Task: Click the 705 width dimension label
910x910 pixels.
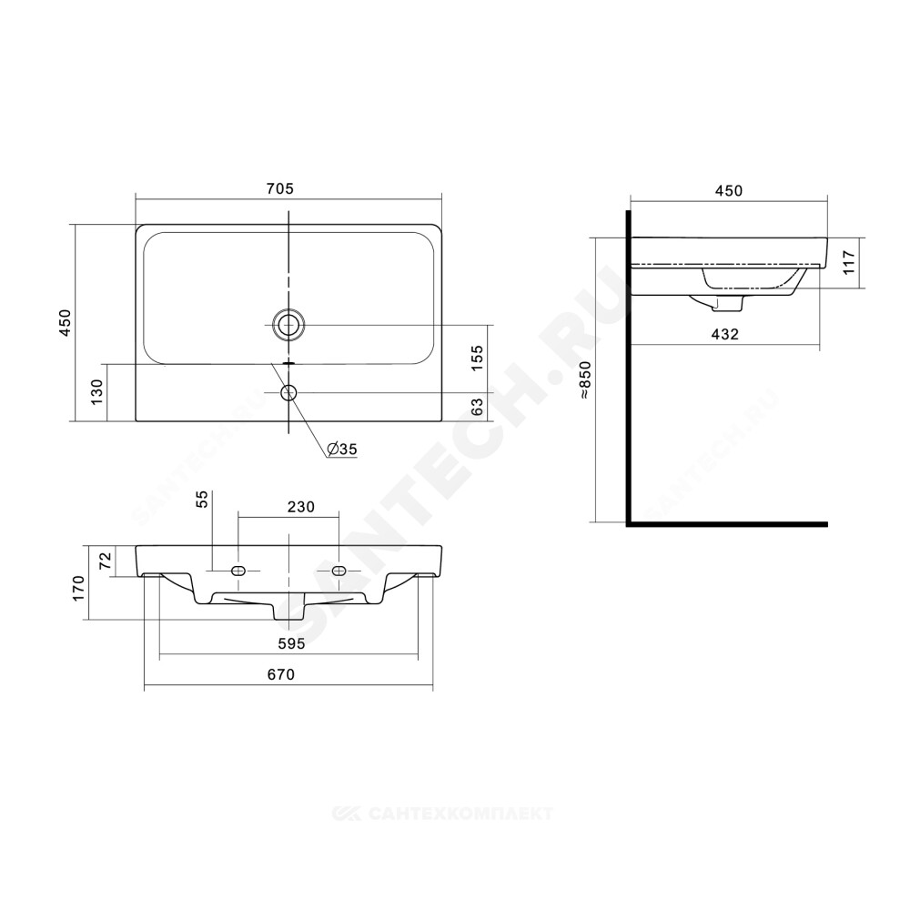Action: click(x=280, y=188)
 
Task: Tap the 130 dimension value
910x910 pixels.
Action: click(x=96, y=391)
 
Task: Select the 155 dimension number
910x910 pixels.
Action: click(x=477, y=358)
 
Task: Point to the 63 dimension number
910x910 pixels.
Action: click(x=477, y=406)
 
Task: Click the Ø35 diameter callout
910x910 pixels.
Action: click(x=342, y=449)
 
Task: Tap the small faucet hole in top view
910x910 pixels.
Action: click(x=288, y=393)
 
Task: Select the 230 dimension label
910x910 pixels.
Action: click(x=301, y=507)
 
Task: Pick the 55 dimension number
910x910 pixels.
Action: click(x=201, y=499)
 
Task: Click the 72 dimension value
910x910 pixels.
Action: click(x=105, y=560)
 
